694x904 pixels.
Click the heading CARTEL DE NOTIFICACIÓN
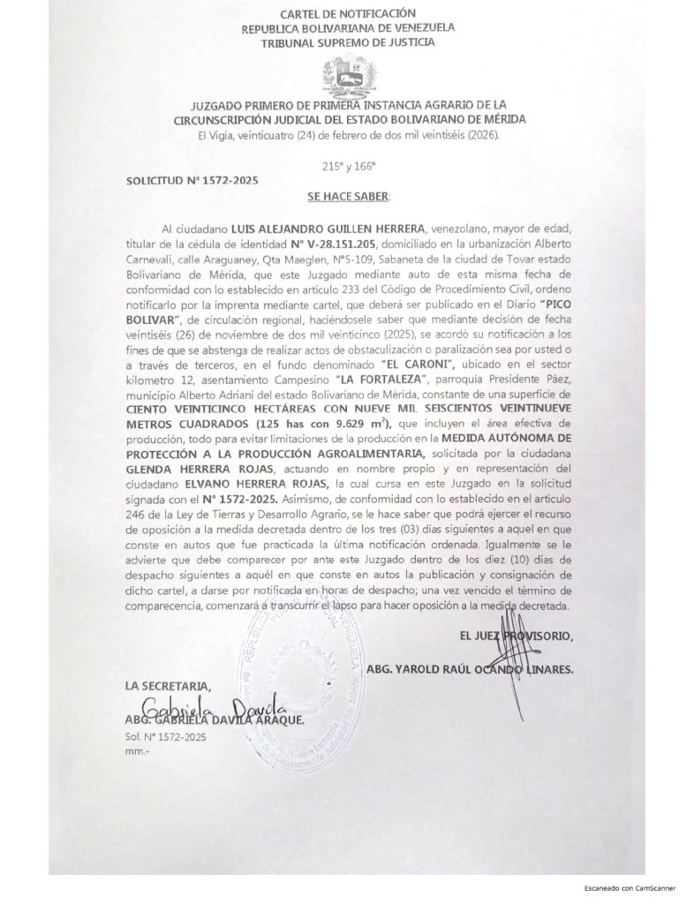[346, 13]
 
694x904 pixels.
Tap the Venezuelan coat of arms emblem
[347, 76]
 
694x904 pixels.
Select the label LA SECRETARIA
[170, 686]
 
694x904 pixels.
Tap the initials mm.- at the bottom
[139, 750]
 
